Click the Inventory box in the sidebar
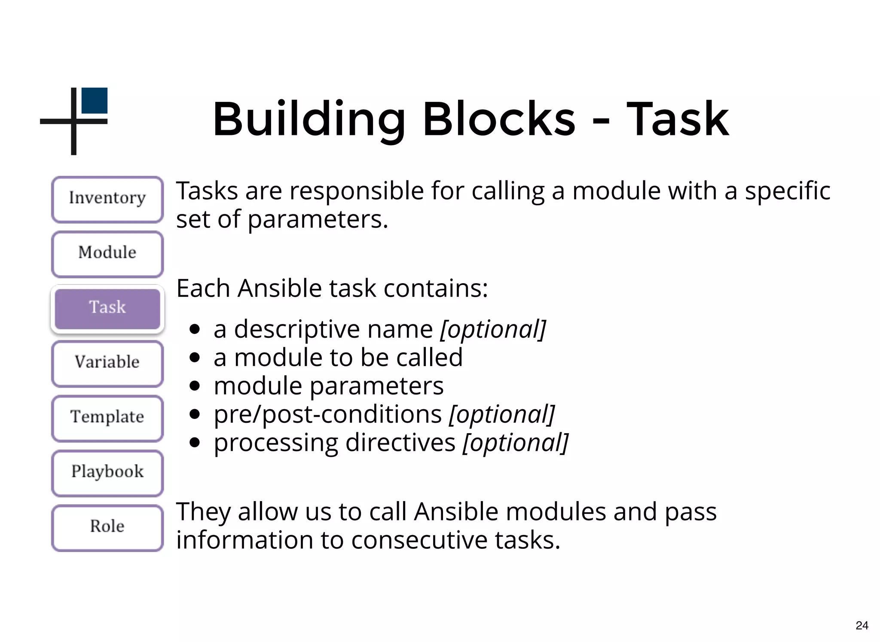[107, 199]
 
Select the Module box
[107, 254]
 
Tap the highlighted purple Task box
[107, 308]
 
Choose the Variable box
[107, 363]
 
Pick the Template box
[107, 418]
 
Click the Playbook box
[107, 472]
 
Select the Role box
[107, 527]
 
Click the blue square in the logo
[95, 101]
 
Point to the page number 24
[862, 625]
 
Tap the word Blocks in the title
[499, 119]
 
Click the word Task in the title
[678, 119]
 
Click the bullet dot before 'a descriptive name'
[195, 330]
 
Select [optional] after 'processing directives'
[515, 443]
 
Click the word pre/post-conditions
[328, 415]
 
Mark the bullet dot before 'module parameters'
[195, 386]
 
